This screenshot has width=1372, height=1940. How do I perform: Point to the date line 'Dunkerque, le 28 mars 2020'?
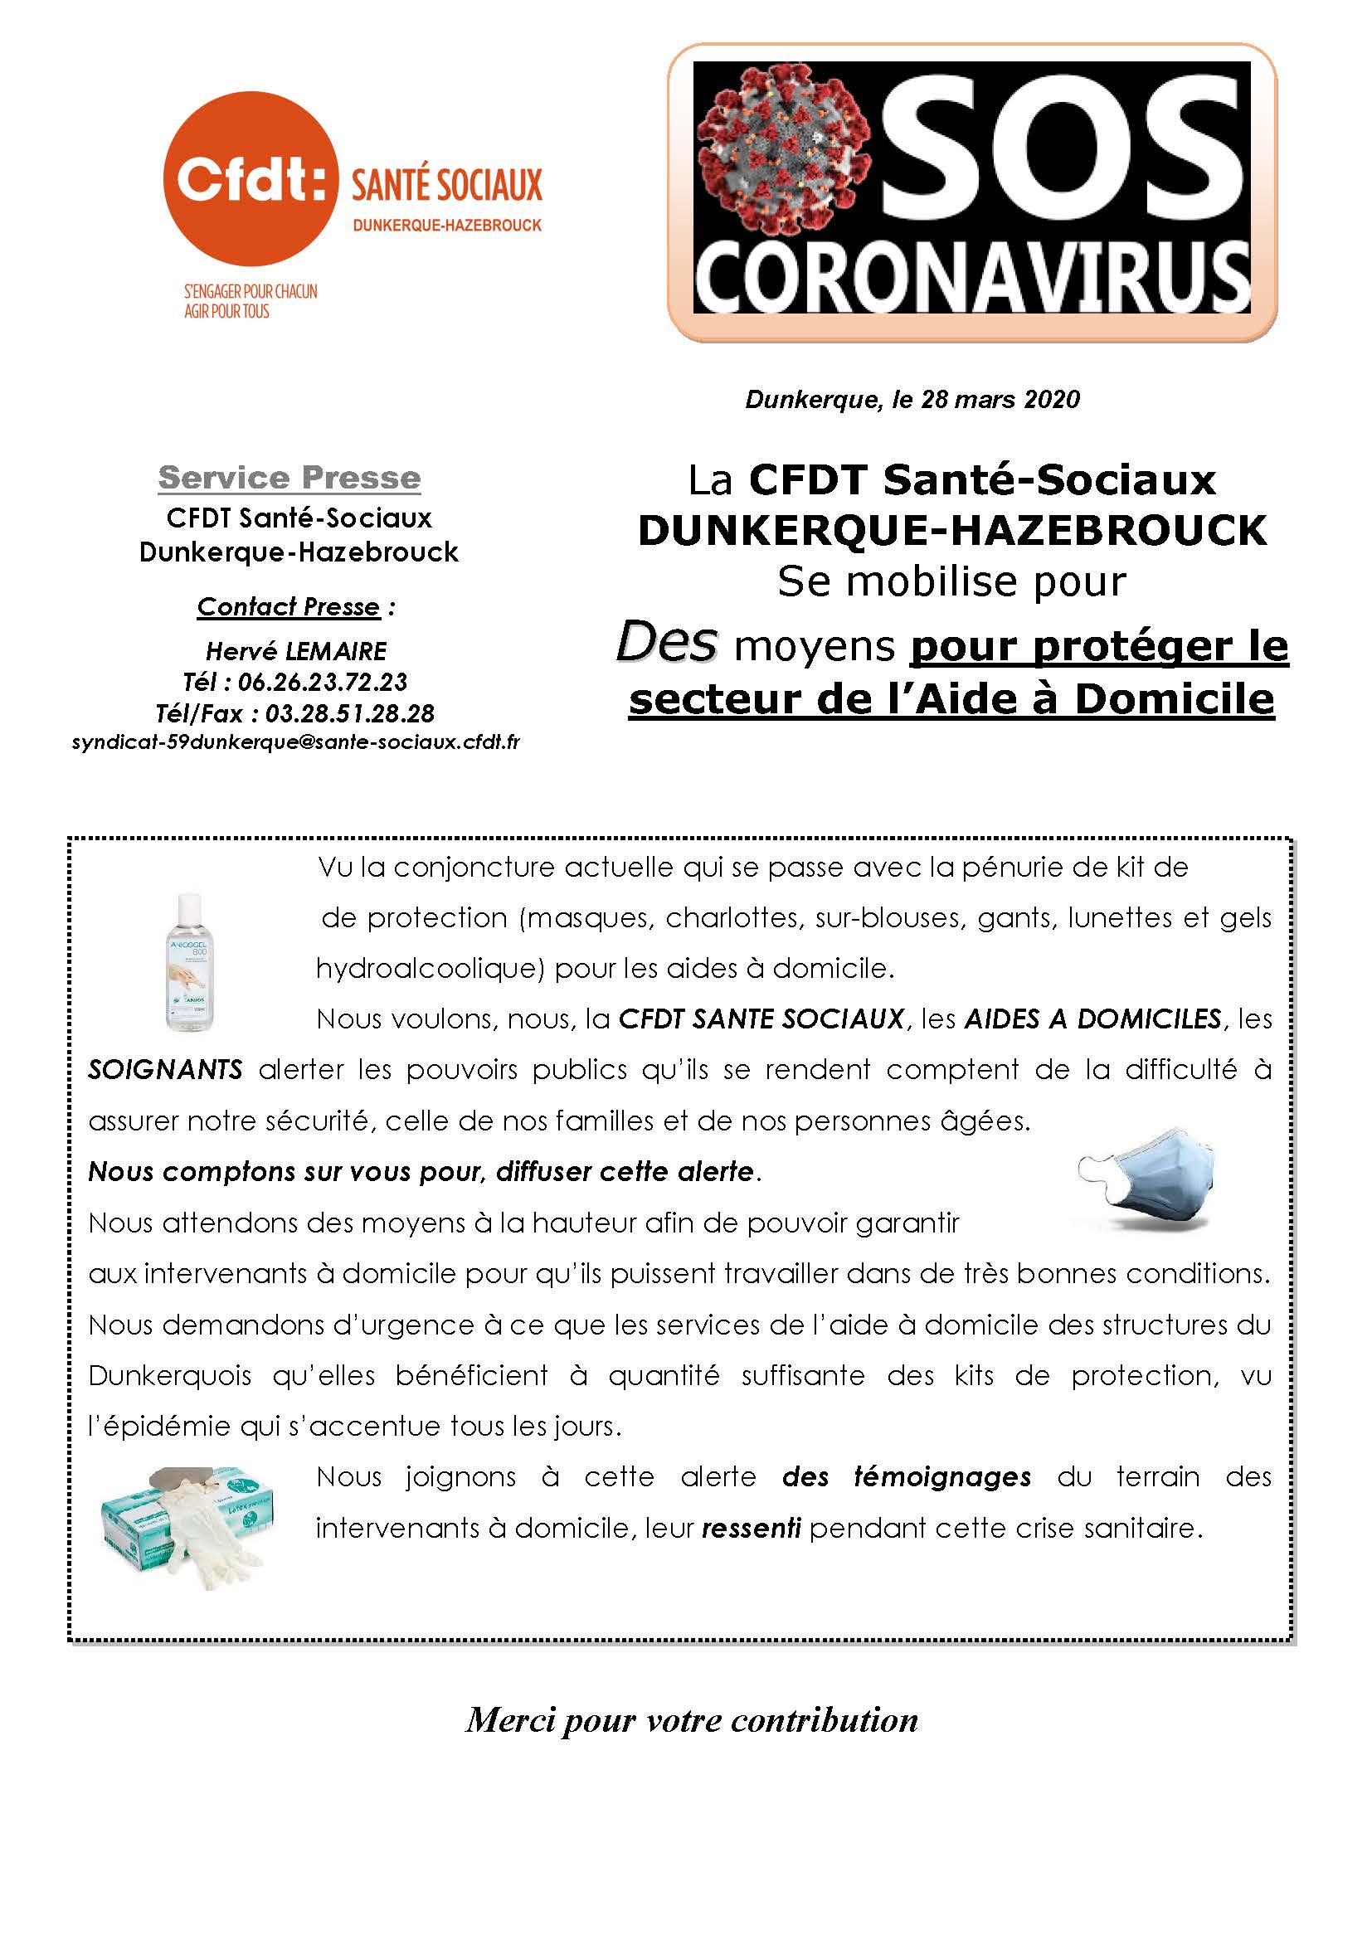pyautogui.click(x=912, y=399)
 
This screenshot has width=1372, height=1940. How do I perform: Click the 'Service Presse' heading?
pyautogui.click(x=289, y=479)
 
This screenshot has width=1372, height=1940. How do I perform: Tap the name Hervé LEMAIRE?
pyautogui.click(x=295, y=650)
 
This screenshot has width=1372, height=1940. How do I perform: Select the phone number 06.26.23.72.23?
pyautogui.click(x=323, y=682)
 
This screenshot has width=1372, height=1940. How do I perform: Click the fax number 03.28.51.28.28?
pyautogui.click(x=350, y=713)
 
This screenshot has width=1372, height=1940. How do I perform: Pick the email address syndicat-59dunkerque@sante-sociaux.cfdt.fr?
pyautogui.click(x=295, y=742)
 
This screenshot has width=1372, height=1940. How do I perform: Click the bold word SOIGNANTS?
pyautogui.click(x=166, y=1070)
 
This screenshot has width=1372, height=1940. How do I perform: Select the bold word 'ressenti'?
pyautogui.click(x=751, y=1529)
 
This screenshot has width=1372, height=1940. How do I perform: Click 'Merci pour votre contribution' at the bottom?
pyautogui.click(x=691, y=1720)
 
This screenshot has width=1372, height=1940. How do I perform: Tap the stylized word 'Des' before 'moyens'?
pyautogui.click(x=667, y=644)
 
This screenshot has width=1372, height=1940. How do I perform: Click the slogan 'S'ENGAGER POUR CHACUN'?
pyautogui.click(x=251, y=291)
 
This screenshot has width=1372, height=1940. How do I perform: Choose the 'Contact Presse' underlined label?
pyautogui.click(x=288, y=606)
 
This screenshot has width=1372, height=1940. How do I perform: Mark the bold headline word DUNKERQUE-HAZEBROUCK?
pyautogui.click(x=952, y=531)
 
